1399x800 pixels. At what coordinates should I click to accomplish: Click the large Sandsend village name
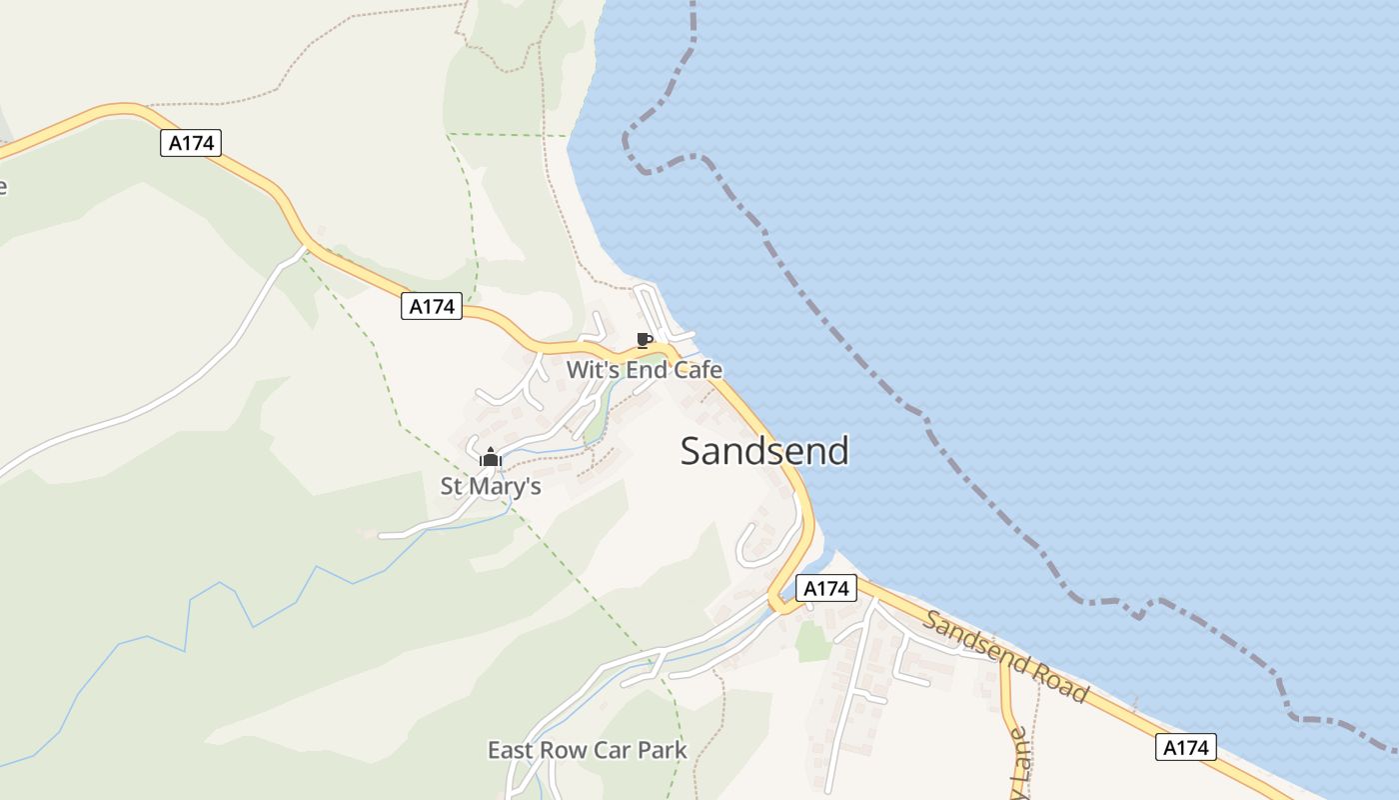[764, 451]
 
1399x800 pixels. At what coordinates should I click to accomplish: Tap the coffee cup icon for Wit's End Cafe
[644, 340]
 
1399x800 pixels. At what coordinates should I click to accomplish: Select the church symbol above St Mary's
[490, 458]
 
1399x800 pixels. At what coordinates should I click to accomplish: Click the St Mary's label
[491, 486]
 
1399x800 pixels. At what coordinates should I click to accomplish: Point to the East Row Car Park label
[587, 750]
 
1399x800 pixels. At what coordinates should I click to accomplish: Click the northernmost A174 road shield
[191, 143]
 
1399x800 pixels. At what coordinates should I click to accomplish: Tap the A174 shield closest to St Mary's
[433, 306]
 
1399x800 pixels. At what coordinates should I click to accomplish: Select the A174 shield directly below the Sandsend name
[826, 588]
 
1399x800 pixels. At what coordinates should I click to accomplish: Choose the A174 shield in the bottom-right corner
[1186, 746]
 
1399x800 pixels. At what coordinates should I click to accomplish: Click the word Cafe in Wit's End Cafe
[697, 370]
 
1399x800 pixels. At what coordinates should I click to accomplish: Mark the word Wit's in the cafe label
[590, 370]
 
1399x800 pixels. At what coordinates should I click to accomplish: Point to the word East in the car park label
[511, 750]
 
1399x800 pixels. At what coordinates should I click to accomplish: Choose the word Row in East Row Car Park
[564, 750]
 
